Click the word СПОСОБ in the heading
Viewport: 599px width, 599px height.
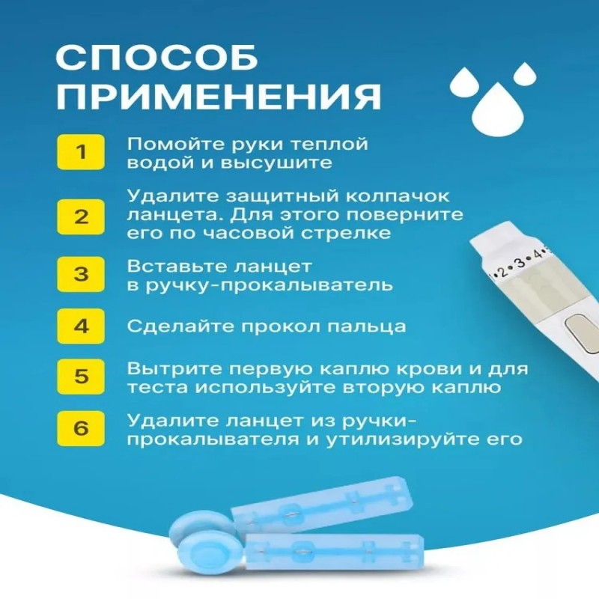click(x=157, y=58)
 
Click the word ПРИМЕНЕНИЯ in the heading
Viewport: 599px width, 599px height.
click(x=219, y=97)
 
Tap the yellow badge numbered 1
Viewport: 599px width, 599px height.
click(x=81, y=152)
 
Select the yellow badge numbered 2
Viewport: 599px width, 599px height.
click(x=81, y=216)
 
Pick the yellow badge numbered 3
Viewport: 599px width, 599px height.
click(x=81, y=274)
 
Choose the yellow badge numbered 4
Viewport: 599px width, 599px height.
click(x=81, y=326)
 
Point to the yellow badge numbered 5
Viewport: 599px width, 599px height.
click(x=81, y=376)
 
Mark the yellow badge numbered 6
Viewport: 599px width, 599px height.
click(x=81, y=428)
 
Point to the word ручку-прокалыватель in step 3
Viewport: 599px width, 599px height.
click(x=260, y=286)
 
